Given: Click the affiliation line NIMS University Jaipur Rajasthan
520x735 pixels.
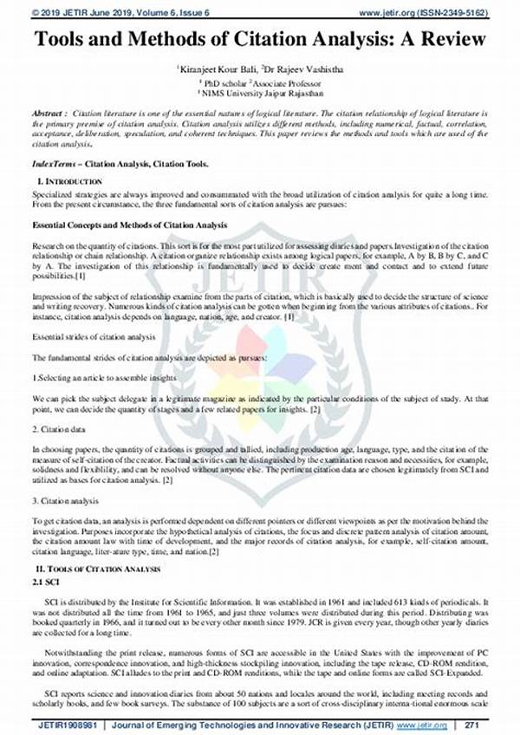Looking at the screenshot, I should pyautogui.click(x=260, y=91).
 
